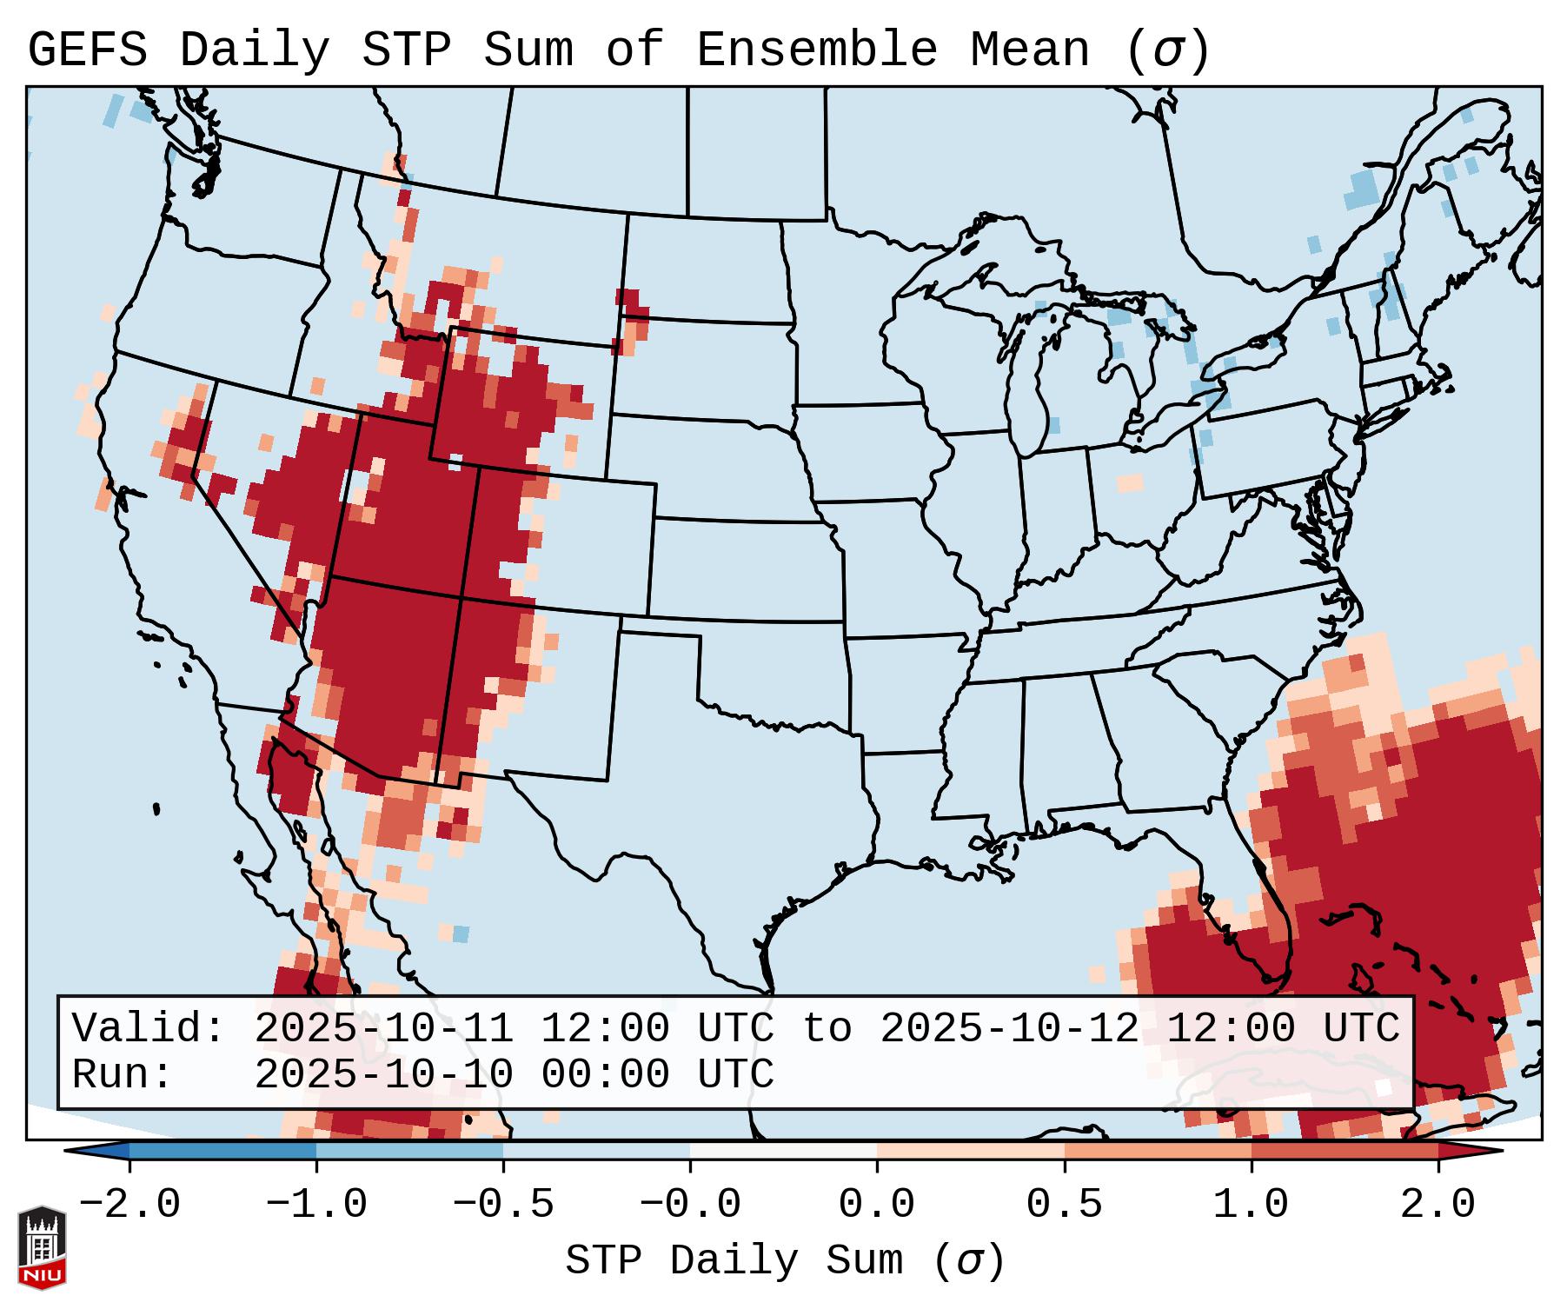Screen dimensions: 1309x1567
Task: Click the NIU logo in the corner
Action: pyautogui.click(x=42, y=1247)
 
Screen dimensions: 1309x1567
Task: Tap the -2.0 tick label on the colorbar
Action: pyautogui.click(x=129, y=1205)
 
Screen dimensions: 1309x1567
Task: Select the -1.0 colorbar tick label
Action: pyautogui.click(x=316, y=1205)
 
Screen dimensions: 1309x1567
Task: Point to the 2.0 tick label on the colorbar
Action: pyautogui.click(x=1438, y=1205)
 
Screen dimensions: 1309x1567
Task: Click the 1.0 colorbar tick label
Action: pyautogui.click(x=1252, y=1205)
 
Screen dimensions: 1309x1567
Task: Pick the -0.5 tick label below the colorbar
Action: pyautogui.click(x=503, y=1205)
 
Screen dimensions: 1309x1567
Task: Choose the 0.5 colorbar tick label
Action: pyautogui.click(x=1065, y=1205)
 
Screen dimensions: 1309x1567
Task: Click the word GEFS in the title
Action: pyautogui.click(x=88, y=50)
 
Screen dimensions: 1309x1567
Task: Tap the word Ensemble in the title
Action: pyautogui.click(x=817, y=50)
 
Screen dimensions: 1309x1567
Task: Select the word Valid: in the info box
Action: pyautogui.click(x=148, y=1029)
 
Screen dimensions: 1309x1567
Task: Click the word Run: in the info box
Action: pyautogui.click(x=123, y=1075)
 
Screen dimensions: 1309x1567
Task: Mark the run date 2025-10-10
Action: pyautogui.click(x=383, y=1075)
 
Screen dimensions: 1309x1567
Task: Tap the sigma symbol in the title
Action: pyautogui.click(x=1168, y=50)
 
